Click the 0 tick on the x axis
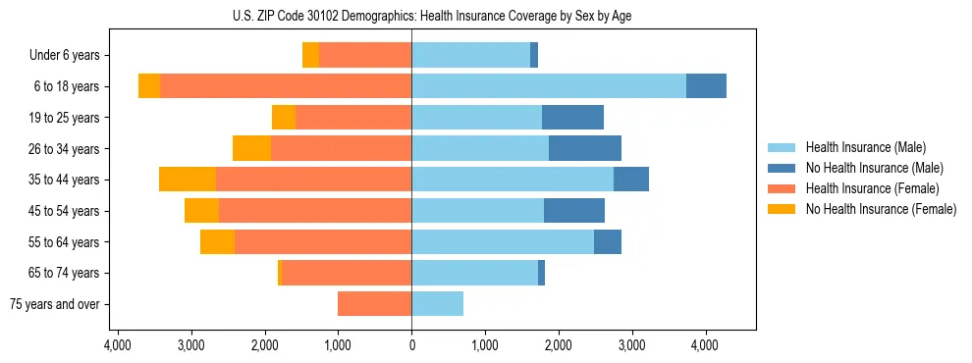[x=411, y=345]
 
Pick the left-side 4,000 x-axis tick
[x=118, y=345]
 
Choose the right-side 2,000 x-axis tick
[x=558, y=345]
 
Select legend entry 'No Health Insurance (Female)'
[x=881, y=209]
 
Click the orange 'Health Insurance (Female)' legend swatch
[x=783, y=188]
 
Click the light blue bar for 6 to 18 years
[x=549, y=86]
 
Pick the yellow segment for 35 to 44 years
[x=188, y=180]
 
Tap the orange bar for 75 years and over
[x=374, y=304]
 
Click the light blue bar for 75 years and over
[x=437, y=304]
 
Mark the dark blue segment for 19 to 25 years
[x=572, y=118]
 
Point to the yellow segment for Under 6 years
[x=310, y=56]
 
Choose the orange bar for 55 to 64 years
[x=323, y=241]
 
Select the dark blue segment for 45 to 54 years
[x=574, y=211]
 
